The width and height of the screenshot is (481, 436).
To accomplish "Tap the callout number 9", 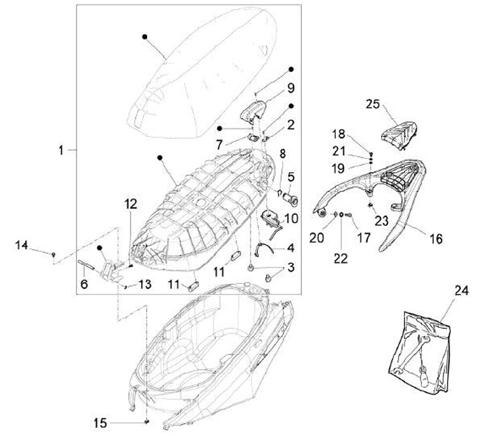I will pyautogui.click(x=291, y=87).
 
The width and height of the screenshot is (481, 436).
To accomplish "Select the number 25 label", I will pyautogui.click(x=373, y=103).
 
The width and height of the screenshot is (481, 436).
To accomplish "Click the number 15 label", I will pyautogui.click(x=100, y=423).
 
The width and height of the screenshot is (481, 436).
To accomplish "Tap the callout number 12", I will pyautogui.click(x=130, y=204).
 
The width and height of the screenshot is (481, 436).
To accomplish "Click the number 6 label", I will pyautogui.click(x=84, y=284).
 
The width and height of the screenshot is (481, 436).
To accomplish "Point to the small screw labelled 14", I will pyautogui.click(x=53, y=254).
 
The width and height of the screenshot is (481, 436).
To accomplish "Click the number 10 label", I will pyautogui.click(x=291, y=218).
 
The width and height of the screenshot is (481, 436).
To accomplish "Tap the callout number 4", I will pyautogui.click(x=291, y=247).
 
